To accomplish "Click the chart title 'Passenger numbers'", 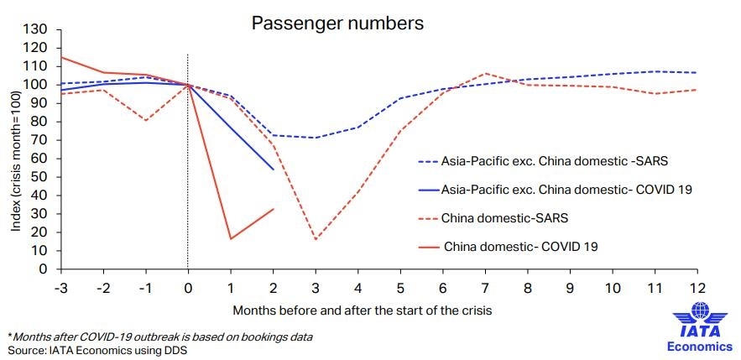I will [x=337, y=23].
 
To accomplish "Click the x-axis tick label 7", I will [x=485, y=286].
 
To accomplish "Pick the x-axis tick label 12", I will [x=697, y=286].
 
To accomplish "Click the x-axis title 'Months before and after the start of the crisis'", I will [x=362, y=310].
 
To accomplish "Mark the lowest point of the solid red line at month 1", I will [x=230, y=239].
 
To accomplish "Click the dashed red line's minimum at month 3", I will [x=315, y=239].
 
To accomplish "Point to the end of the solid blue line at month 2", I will [x=273, y=170].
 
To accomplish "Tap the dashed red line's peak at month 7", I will [x=485, y=74].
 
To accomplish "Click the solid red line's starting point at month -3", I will [x=60, y=57].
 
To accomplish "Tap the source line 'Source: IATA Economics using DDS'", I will [x=97, y=349].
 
